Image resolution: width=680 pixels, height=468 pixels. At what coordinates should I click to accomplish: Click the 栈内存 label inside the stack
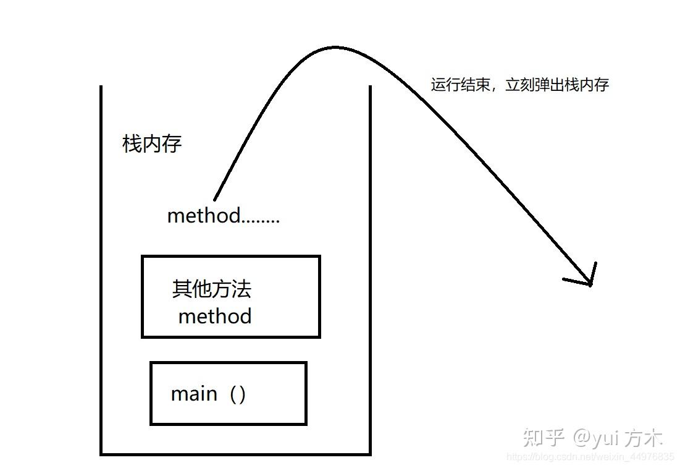(152, 145)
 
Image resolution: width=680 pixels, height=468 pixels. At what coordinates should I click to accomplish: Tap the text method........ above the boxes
(223, 216)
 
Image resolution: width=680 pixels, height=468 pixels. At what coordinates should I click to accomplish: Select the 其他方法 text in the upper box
(211, 289)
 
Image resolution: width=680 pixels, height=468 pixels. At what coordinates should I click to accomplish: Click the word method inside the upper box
(215, 317)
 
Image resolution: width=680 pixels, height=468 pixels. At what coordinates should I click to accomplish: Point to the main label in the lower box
(194, 394)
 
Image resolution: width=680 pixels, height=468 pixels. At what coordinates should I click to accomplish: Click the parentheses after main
(237, 394)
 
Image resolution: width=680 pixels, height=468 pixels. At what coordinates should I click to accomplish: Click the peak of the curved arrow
(334, 48)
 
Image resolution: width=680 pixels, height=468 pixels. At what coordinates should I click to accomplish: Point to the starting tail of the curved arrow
(216, 197)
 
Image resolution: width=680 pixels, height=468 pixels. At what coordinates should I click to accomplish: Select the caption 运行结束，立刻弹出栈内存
(519, 85)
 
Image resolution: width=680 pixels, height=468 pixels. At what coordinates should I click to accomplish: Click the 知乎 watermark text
(544, 437)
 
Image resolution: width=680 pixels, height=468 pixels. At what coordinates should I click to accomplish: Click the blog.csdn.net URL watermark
(590, 457)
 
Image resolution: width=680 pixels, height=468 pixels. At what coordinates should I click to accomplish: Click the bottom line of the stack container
(235, 454)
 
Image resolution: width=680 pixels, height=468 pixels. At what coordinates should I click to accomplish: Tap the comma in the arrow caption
(495, 88)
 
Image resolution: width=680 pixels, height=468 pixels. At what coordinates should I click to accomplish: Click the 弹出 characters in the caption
(550, 85)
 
